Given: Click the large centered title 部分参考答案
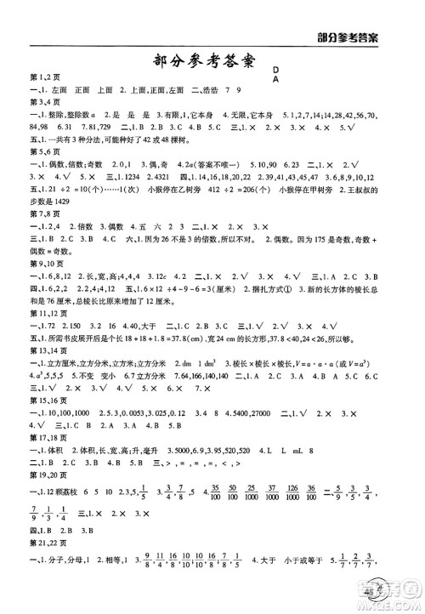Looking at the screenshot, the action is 212,62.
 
